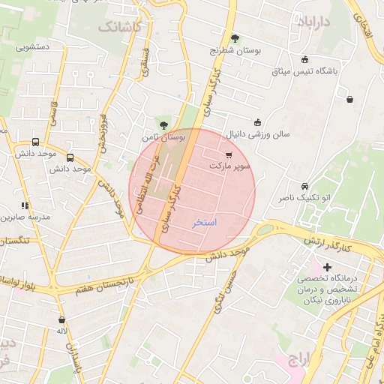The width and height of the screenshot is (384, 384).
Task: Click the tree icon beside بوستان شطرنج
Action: coord(235,38)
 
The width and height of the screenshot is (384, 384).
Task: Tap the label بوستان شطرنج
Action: coord(236,51)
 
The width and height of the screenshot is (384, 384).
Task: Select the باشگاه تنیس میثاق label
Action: coord(305,71)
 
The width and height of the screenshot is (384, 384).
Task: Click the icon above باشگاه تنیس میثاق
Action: coord(304,60)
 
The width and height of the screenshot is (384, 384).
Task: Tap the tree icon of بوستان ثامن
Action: coord(163,124)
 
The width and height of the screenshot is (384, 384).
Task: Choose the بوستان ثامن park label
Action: coord(162,137)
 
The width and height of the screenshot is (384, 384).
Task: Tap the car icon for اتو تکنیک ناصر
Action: coord(304,186)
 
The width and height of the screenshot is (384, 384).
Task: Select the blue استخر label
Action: coord(204,223)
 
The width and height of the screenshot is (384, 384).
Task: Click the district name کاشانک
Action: coord(118,27)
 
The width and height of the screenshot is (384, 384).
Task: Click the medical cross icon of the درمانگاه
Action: coord(327,267)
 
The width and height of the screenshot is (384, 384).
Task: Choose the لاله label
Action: coord(62,331)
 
